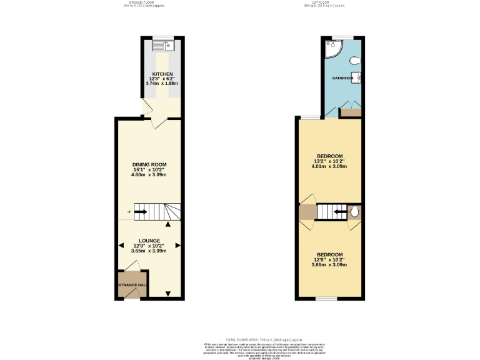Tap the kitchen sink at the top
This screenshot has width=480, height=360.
(166, 44)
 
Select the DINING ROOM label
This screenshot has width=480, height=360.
(147, 164)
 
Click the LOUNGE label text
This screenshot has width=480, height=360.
(149, 240)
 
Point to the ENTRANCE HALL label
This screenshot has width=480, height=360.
(132, 285)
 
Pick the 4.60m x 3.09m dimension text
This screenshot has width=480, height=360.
(148, 175)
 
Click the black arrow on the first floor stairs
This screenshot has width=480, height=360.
(340, 212)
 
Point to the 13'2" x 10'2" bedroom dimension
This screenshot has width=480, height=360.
(329, 161)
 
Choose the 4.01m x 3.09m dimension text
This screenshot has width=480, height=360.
(329, 167)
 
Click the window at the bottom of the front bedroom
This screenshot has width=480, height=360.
(326, 299)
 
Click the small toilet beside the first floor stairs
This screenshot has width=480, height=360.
(354, 212)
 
